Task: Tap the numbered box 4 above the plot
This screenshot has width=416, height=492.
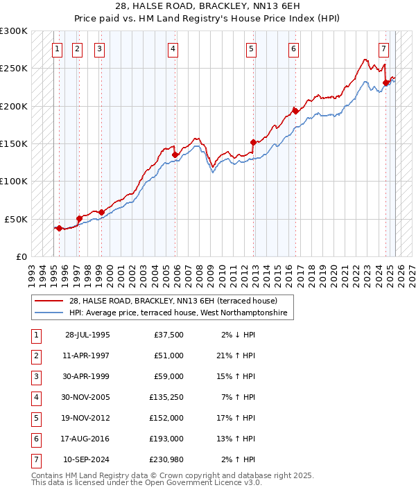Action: click(x=171, y=49)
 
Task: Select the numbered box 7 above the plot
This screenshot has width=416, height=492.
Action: click(x=383, y=49)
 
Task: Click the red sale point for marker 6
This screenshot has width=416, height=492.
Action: click(x=295, y=111)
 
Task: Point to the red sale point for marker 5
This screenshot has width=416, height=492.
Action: click(x=253, y=142)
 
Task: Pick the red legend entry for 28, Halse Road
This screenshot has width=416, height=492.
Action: click(x=173, y=301)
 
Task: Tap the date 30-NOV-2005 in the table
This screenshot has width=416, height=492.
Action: click(x=87, y=397)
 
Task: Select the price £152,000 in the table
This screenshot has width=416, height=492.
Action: click(x=166, y=418)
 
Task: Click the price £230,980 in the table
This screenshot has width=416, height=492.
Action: click(x=166, y=459)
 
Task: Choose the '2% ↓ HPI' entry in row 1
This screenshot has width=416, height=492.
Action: click(x=239, y=335)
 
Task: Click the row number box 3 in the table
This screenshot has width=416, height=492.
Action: click(x=35, y=376)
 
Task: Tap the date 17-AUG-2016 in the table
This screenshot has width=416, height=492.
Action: click(x=87, y=439)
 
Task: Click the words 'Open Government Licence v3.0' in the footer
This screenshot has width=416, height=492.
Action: click(x=201, y=484)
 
